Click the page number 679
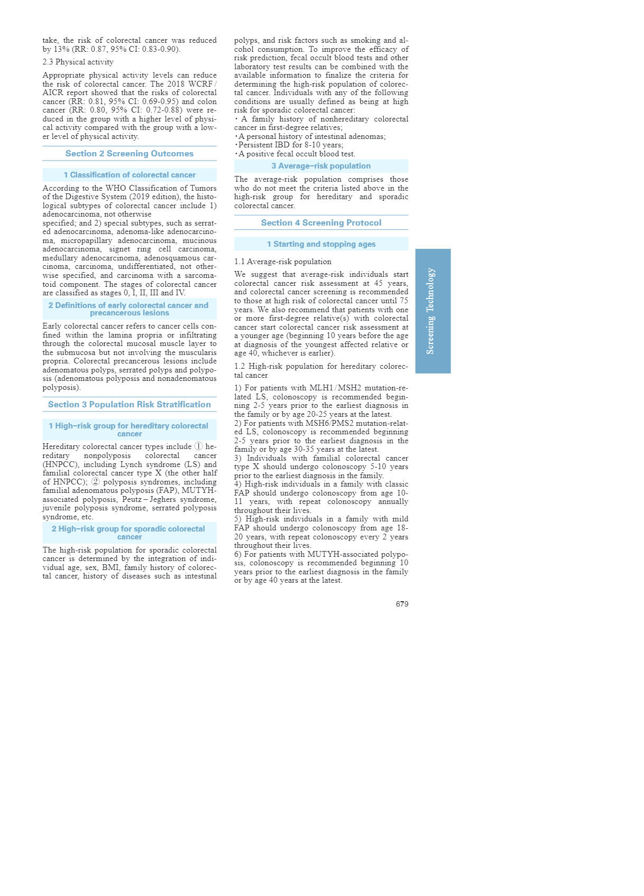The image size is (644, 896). [402, 604]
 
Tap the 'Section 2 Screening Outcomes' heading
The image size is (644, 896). [130, 154]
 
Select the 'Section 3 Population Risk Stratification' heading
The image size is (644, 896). [130, 405]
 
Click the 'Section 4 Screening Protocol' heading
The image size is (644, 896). [321, 223]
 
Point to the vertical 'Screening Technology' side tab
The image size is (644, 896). [432, 311]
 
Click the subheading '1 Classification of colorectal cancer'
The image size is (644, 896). [130, 175]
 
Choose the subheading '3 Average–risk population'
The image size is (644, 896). [321, 166]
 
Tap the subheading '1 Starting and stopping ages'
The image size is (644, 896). [321, 244]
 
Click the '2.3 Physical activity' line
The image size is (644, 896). [78, 62]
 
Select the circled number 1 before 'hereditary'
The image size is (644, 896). [199, 446]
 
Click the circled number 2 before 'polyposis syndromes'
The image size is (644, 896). [95, 482]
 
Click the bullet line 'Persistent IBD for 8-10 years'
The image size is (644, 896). [290, 145]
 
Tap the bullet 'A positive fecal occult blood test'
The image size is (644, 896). [296, 154]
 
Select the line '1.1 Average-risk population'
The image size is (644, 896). [283, 262]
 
